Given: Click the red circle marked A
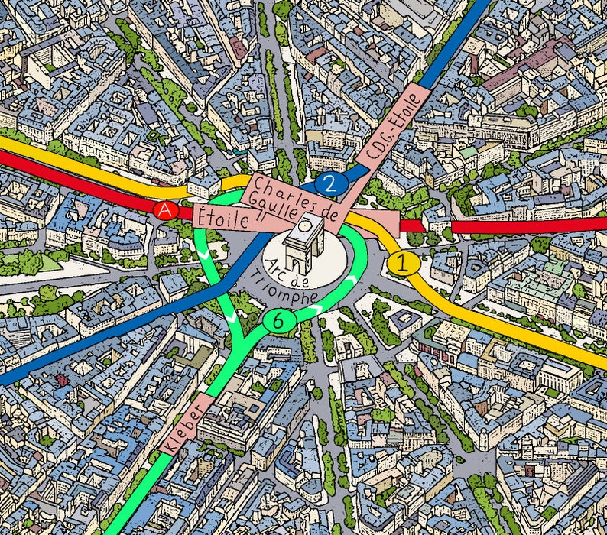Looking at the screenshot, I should point(164,210).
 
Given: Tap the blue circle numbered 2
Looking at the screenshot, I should point(329,183).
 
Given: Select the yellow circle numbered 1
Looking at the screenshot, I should point(403,264).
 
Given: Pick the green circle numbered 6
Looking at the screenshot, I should point(275,322).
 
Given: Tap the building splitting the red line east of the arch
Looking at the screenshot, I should point(437,222).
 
